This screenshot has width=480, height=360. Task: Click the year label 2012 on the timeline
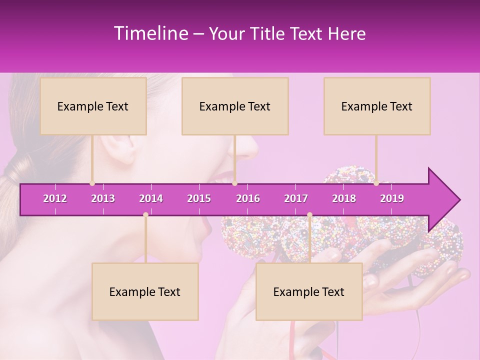(x=55, y=198)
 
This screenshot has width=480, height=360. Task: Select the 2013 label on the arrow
(x=103, y=198)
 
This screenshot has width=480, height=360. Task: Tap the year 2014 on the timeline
(x=151, y=198)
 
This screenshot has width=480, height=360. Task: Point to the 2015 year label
(x=199, y=198)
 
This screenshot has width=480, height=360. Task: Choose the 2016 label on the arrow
(x=248, y=198)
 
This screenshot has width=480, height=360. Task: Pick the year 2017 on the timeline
(x=296, y=198)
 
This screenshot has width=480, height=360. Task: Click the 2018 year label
(x=344, y=198)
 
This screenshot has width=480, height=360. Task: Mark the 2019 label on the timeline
(x=392, y=198)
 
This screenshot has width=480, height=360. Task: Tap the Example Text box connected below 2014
(x=145, y=291)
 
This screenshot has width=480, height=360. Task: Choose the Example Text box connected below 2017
(x=309, y=291)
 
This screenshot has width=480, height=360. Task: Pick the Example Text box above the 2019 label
(x=377, y=106)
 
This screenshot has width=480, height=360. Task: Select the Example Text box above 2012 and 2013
(x=93, y=106)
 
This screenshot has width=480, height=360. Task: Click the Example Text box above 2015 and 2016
(x=235, y=106)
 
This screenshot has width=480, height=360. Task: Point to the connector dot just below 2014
(x=145, y=214)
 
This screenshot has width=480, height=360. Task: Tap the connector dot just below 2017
(x=309, y=214)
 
